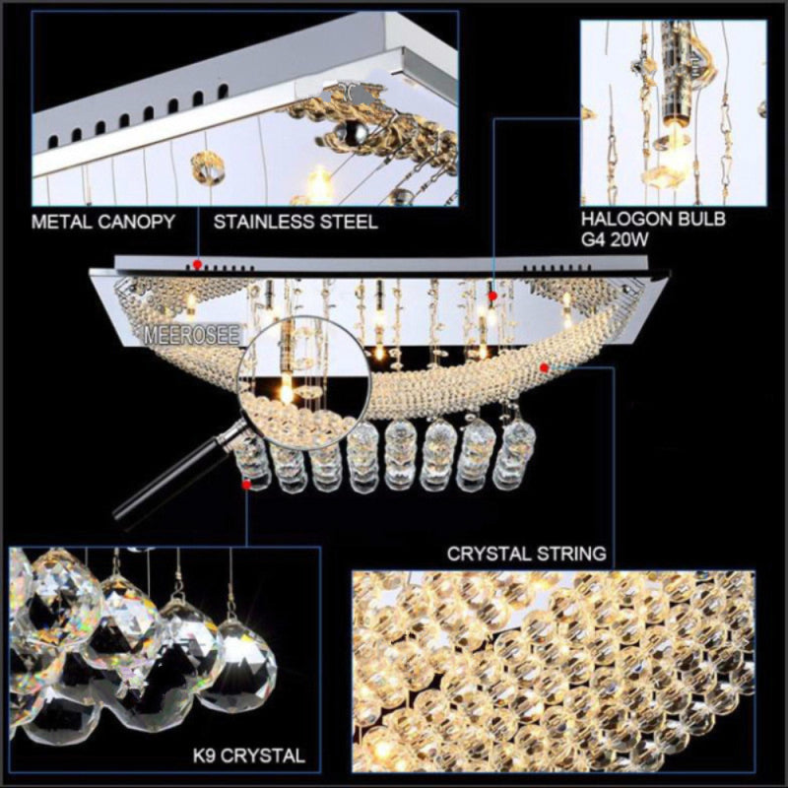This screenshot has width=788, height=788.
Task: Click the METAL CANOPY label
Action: (103, 222)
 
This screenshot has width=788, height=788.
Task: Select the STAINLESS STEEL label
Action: (295, 222)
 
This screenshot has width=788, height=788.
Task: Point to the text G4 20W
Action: (615, 239)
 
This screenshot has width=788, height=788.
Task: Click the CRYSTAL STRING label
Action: (527, 554)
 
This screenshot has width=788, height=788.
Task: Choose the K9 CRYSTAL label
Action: (249, 755)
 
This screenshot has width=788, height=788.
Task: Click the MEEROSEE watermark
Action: (192, 335)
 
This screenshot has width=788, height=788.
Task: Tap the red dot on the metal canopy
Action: (198, 264)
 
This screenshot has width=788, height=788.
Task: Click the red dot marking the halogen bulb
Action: (492, 295)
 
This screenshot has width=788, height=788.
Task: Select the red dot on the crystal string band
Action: (544, 367)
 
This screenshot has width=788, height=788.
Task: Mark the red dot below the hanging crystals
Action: (246, 485)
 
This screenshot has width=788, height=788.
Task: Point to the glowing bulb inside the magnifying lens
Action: (286, 390)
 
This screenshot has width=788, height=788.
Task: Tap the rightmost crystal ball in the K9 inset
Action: (241, 662)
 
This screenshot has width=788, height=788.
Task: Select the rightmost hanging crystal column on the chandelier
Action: (513, 456)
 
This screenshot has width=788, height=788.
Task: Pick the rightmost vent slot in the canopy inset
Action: (224, 92)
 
